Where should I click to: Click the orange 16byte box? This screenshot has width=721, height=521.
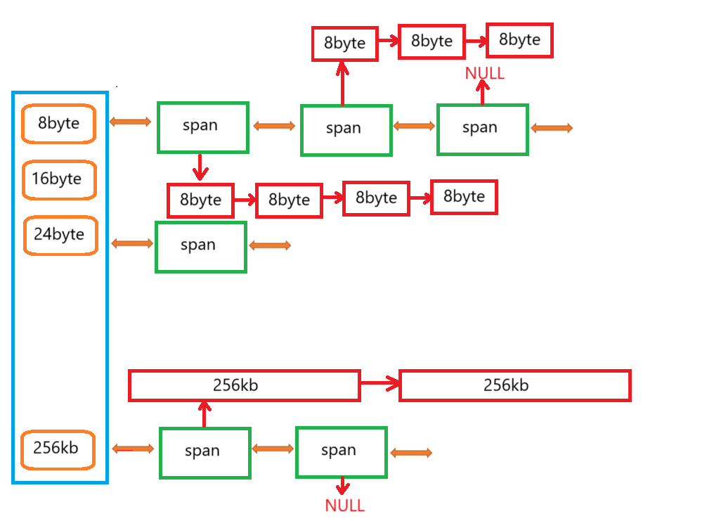(x=60, y=179)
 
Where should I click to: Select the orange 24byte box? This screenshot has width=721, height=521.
(x=60, y=235)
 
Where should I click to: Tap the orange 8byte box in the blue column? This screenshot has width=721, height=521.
(x=58, y=124)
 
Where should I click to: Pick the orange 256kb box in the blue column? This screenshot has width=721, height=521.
(x=58, y=449)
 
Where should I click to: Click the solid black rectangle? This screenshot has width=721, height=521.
(x=505, y=458)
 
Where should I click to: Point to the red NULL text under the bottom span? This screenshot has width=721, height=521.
(x=344, y=505)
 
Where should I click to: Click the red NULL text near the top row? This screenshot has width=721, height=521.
(x=485, y=73)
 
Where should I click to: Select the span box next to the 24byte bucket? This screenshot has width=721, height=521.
(x=200, y=246)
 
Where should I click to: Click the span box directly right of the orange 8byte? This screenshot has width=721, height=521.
(x=202, y=127)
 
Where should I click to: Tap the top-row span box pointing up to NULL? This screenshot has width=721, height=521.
(x=482, y=129)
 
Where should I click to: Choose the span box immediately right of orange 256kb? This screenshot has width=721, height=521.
(x=204, y=452)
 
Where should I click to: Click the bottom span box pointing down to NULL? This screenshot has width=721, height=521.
(x=341, y=451)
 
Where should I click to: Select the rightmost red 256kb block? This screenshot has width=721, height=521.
(x=514, y=385)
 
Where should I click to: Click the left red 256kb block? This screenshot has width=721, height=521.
(x=244, y=385)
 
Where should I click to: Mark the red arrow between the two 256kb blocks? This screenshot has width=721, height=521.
(x=379, y=383)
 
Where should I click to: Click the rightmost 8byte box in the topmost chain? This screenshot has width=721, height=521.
(x=519, y=40)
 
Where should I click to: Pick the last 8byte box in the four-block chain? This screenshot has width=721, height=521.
(x=464, y=197)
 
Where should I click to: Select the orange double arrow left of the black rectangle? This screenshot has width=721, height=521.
(x=411, y=454)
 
